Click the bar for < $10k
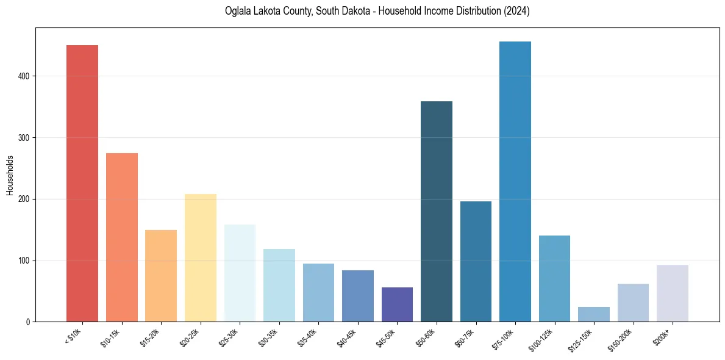[x=82, y=183]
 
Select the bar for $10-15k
[x=122, y=237]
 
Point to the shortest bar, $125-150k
[x=594, y=314]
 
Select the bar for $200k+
[x=673, y=293]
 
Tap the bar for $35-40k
[x=318, y=292]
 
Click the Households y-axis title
[x=10, y=175]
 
